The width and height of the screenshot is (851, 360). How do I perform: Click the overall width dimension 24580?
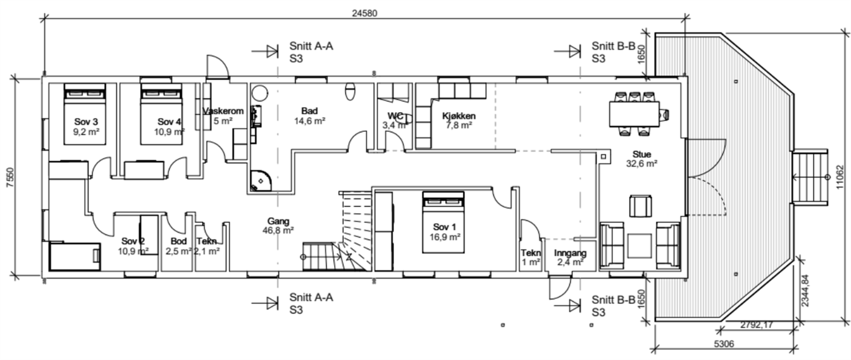pos(364,13)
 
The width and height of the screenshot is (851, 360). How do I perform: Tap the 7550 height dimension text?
pos(10,178)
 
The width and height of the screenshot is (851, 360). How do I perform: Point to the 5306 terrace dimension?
pos(724,344)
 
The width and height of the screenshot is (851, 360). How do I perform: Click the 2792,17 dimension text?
pos(756,325)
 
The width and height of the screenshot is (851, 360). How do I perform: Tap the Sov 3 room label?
pos(86,122)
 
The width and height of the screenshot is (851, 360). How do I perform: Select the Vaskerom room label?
pos(223,111)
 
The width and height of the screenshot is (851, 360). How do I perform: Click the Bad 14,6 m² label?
pos(310,116)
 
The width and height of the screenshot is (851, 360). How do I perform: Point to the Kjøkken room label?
pos(459,116)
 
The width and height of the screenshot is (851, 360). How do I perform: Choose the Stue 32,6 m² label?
pos(641,159)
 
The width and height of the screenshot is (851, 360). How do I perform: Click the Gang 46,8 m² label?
pos(278,225)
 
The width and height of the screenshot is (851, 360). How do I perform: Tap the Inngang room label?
pos(570,253)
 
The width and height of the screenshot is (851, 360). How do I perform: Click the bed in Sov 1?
pos(444,222)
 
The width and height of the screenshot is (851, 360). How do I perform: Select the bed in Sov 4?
pos(162,114)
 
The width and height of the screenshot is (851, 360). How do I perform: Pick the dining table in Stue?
pos(635,114)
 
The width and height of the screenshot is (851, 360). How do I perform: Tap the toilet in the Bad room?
pos(351,91)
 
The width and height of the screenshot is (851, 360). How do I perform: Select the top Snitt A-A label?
pos(311,52)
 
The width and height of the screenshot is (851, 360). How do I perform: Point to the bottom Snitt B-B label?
pos(613,306)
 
